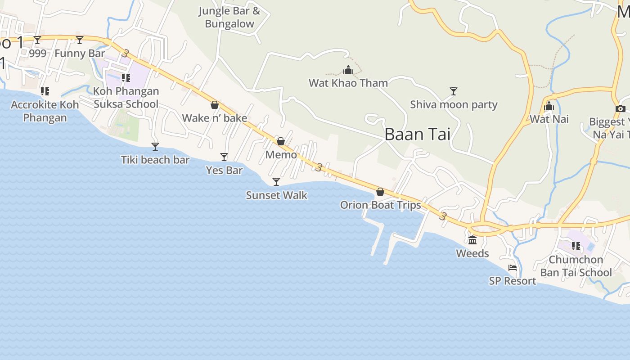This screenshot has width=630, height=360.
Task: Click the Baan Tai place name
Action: pyautogui.click(x=417, y=134)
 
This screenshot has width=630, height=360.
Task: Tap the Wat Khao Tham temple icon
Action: pyautogui.click(x=348, y=70)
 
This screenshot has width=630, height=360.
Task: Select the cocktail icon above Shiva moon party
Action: pyautogui.click(x=454, y=91)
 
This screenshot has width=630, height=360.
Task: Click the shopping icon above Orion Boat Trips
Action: pyautogui.click(x=380, y=192)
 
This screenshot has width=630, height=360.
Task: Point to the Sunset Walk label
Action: pyautogui.click(x=276, y=195)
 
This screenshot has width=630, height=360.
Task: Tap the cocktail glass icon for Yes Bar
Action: pyautogui.click(x=224, y=157)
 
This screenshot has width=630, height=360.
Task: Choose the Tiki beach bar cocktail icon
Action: pyautogui.click(x=155, y=146)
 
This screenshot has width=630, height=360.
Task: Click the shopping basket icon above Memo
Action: pyautogui.click(x=281, y=141)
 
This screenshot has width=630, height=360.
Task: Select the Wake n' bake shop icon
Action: pyautogui.click(x=215, y=105)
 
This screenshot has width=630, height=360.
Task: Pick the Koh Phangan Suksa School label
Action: pyautogui.click(x=126, y=98)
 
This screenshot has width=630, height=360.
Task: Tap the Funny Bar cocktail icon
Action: pyautogui.click(x=80, y=40)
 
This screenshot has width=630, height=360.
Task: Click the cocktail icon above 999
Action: pyautogui.click(x=37, y=40)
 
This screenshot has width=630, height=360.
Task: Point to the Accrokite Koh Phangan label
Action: pyautogui.click(x=45, y=111)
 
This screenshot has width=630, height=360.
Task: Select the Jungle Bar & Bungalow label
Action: pyautogui.click(x=229, y=17)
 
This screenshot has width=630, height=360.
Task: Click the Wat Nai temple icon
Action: pyautogui.click(x=549, y=106)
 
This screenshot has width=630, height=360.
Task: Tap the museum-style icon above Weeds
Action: pyautogui.click(x=472, y=240)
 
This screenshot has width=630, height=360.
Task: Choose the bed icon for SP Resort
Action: pyautogui.click(x=513, y=268)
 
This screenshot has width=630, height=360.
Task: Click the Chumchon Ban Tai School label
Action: pyautogui.click(x=576, y=266)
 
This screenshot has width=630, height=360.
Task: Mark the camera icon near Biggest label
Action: pyautogui.click(x=620, y=108)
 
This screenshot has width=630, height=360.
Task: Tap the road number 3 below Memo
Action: pyautogui.click(x=319, y=167)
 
